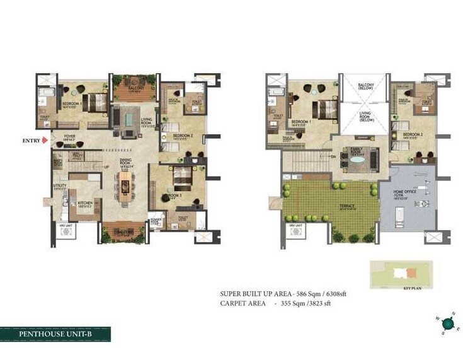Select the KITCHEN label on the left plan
[x=85, y=203]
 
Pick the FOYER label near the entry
[x=69, y=134]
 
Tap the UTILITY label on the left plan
[x=60, y=186]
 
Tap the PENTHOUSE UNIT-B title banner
[x=55, y=334]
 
